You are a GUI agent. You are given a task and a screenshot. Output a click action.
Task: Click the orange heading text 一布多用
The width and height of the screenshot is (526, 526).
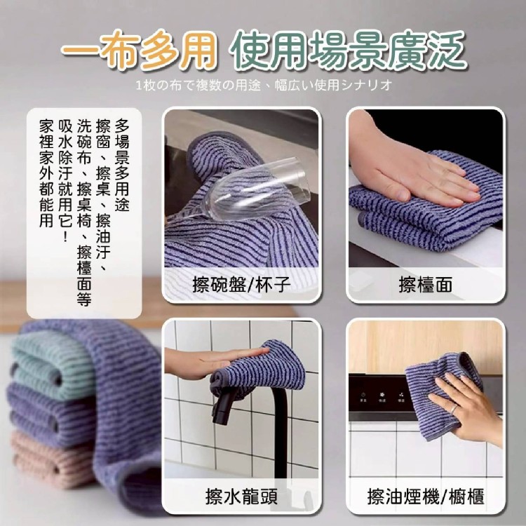coord(138,50)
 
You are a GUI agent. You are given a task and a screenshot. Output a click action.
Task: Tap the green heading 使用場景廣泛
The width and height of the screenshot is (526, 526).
coord(348,50)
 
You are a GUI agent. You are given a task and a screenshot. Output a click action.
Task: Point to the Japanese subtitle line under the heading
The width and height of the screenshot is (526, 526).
coord(264,85)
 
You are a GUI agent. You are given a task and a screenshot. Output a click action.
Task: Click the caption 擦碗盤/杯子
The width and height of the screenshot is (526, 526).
coord(241,285)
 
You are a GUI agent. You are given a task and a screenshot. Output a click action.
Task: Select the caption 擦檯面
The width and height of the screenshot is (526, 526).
coord(426,285)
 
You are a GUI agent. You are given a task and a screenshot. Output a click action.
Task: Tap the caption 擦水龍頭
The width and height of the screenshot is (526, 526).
coord(241,496)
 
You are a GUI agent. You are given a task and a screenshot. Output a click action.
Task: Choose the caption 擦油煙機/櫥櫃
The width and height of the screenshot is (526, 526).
coord(426,496)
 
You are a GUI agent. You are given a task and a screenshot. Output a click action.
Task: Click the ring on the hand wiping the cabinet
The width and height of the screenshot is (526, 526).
coord(453,410)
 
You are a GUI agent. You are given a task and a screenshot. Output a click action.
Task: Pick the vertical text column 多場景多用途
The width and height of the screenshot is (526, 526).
coord(122,166)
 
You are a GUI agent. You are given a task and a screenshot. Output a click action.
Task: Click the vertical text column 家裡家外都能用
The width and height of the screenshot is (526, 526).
coord(46,173)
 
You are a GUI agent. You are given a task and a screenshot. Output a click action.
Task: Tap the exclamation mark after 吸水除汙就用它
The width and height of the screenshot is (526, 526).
coord(65,236)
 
